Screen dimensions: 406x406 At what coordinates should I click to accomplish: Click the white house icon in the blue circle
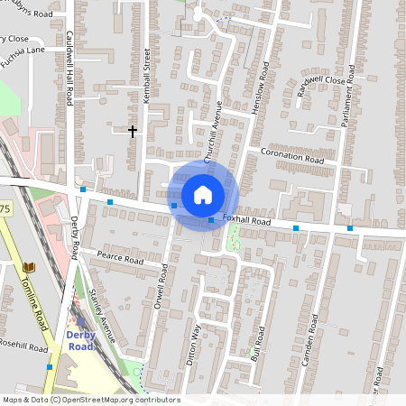pos(203,195)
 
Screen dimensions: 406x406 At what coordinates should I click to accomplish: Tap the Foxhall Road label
pos(247,221)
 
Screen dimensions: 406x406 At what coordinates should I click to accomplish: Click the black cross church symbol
pos(133,132)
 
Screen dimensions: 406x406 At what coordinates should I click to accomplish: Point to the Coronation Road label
pos(291,155)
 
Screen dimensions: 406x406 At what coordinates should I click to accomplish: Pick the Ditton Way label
pos(192,344)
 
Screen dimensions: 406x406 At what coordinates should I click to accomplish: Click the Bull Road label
pos(258,345)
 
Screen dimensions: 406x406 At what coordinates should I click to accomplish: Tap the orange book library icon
pos(29,268)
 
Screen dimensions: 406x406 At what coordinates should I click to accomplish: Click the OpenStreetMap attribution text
pos(90,400)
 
